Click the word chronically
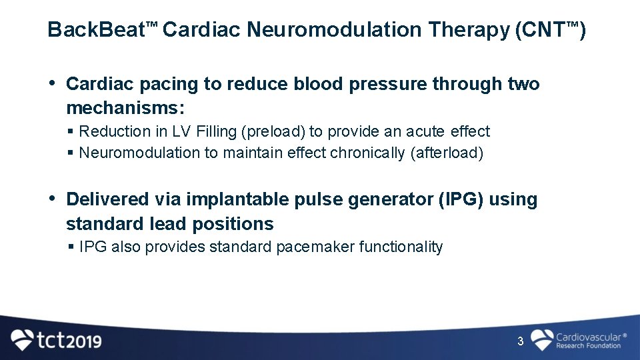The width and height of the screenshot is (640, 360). [365, 153]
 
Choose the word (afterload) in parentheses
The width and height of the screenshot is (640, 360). [447, 153]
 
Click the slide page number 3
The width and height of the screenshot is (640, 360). [521, 342]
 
